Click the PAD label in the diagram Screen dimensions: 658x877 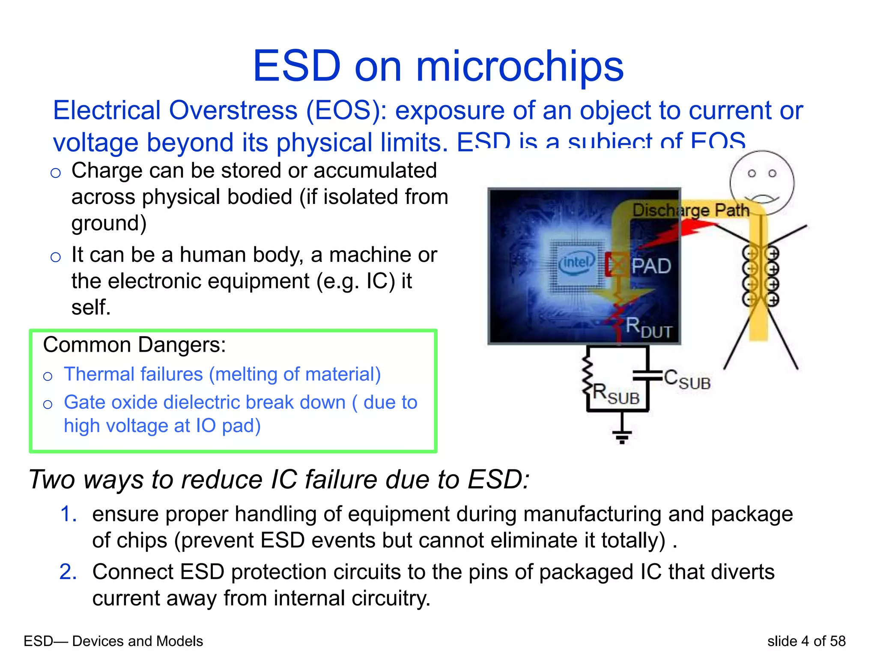coord(651,266)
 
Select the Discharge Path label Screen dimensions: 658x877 coord(691,210)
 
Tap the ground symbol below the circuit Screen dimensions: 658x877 coord(622,437)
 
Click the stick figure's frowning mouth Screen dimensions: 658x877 coord(762,198)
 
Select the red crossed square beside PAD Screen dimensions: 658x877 coord(616,264)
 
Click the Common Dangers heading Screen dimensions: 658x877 coord(134,345)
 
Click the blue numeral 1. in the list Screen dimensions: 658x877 coord(69,514)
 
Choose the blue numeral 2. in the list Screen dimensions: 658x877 coord(69,572)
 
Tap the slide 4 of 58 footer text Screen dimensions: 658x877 coord(806,641)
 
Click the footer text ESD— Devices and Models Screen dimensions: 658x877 coord(113,641)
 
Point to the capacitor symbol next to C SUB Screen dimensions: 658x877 coord(647,375)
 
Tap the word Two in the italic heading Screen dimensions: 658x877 coord(52,479)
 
